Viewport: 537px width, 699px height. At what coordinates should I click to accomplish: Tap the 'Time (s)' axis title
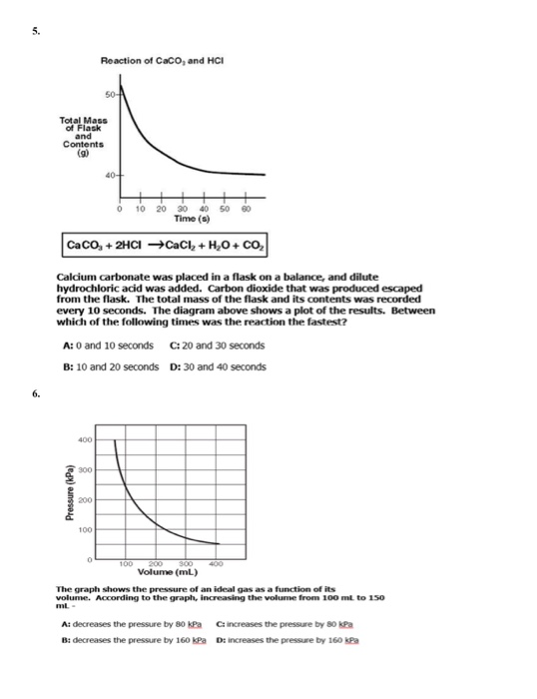click(x=189, y=219)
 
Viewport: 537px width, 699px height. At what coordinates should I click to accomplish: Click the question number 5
click(x=35, y=31)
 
